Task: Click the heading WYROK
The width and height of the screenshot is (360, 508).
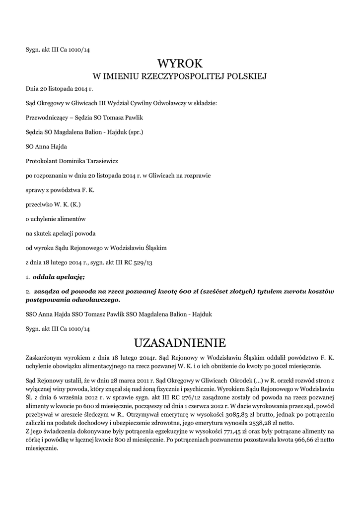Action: (180, 63)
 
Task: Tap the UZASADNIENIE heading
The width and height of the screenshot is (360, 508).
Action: (180, 343)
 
